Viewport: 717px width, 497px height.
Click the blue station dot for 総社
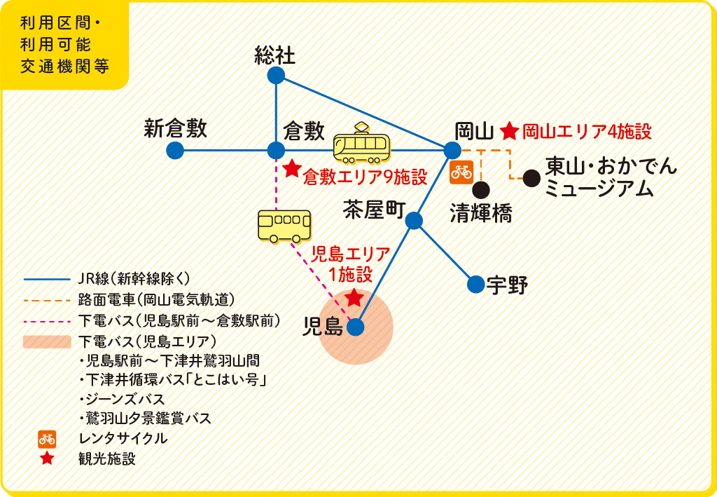click(x=276, y=76)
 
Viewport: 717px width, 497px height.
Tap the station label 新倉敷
click(x=175, y=128)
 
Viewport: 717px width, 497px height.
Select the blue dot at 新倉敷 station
click(x=175, y=150)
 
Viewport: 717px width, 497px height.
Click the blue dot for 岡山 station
click(x=452, y=150)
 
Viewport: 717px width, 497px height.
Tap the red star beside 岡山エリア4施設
click(x=509, y=131)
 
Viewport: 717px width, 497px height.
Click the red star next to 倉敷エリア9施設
click(x=292, y=168)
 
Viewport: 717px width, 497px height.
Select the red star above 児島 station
click(x=354, y=297)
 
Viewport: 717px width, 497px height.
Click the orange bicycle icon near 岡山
click(x=461, y=172)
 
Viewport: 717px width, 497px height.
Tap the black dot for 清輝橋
click(x=481, y=189)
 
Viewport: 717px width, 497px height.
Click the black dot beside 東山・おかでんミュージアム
click(x=531, y=178)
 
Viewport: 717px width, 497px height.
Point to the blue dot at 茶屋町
click(x=414, y=221)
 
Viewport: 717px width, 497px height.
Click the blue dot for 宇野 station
click(x=475, y=284)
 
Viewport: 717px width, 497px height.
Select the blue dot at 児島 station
click(x=355, y=327)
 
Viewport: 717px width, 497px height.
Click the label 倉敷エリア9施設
click(x=365, y=177)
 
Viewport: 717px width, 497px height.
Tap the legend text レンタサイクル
click(x=123, y=438)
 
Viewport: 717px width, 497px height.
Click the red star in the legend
click(x=47, y=458)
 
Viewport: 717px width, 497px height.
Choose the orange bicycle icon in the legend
click(x=47, y=439)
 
